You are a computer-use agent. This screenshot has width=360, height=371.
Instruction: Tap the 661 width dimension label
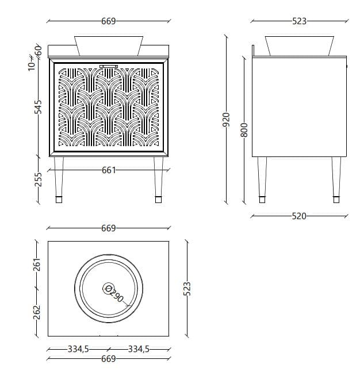[109, 170]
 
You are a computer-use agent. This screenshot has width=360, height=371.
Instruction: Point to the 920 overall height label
[226, 119]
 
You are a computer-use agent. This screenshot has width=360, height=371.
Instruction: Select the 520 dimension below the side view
[299, 216]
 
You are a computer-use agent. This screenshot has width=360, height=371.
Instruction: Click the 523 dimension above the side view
[299, 21]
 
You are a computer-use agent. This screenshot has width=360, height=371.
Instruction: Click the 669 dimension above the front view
[109, 21]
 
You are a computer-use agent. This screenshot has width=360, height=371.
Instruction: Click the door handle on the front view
[109, 66]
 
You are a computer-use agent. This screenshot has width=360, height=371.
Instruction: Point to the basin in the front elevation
[109, 45]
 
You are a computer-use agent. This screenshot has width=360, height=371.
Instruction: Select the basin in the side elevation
[299, 45]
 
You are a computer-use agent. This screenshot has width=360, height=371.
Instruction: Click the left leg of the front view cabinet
[59, 179]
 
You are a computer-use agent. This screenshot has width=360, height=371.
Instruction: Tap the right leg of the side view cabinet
[336, 179]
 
